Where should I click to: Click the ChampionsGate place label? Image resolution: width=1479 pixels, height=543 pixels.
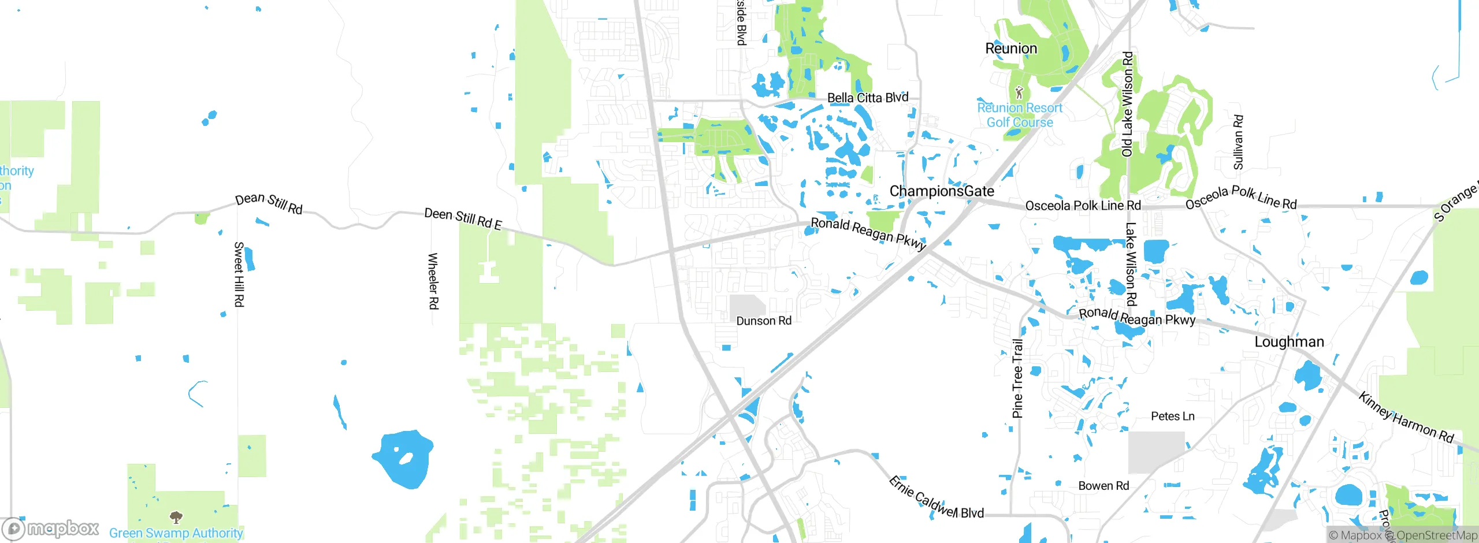[x=942, y=191]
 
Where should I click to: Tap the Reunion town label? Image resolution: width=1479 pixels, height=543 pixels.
[x=1011, y=49]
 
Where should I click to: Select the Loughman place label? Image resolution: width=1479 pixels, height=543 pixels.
[x=1289, y=342]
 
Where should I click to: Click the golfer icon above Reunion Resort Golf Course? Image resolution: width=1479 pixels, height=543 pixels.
[x=1019, y=92]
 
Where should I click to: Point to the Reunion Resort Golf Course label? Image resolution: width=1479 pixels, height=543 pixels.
[x=1020, y=115]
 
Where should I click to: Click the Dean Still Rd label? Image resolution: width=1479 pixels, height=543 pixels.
[x=269, y=203]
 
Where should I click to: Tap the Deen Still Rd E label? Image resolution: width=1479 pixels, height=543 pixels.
[x=463, y=218]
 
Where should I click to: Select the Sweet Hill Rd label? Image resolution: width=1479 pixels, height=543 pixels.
[x=239, y=274]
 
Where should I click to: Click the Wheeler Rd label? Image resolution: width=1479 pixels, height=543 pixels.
[x=433, y=281]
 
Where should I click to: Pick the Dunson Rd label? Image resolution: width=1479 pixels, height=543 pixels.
[x=764, y=321]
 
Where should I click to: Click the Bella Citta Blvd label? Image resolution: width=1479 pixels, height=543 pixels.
[x=868, y=98]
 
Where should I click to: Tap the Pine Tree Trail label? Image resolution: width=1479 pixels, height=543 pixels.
[x=1017, y=378]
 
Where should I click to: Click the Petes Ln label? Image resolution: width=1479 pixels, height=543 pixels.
[x=1172, y=416]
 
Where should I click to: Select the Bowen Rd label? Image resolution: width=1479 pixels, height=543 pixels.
[x=1103, y=486]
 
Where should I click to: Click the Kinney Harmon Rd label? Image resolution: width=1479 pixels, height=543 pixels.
[x=1406, y=418]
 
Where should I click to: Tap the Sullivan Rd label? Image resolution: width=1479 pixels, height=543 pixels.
[x=1238, y=142]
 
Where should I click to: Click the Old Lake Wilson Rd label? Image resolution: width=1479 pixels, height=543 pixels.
[x=1127, y=104]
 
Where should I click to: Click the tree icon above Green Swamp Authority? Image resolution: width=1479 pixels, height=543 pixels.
[x=176, y=516]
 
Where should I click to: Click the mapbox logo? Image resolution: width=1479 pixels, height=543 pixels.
[x=51, y=529]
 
